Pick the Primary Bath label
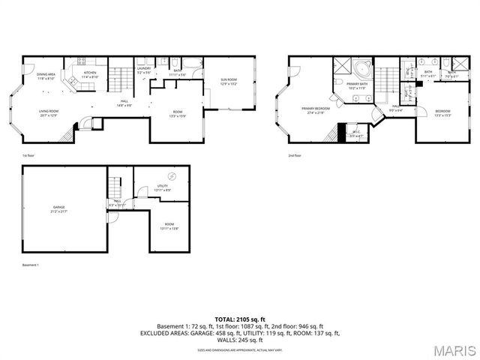(x=355, y=85)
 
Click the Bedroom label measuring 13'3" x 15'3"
(x=442, y=113)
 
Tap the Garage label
(x=58, y=208)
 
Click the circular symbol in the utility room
(x=172, y=176)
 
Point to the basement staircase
(x=115, y=184)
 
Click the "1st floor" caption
(x=28, y=155)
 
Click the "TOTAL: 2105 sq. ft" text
(x=240, y=319)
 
